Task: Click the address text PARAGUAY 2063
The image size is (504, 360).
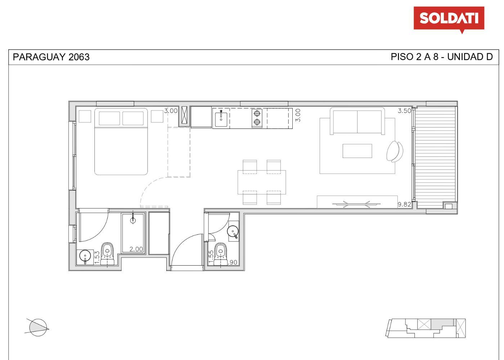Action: [x=51, y=57]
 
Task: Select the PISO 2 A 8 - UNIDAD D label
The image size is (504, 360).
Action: [x=442, y=57]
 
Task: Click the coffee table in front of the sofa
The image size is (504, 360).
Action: [x=357, y=151]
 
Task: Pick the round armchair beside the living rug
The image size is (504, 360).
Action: [x=395, y=152]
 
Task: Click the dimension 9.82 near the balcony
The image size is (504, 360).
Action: [x=404, y=204]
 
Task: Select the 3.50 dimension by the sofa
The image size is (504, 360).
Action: [x=404, y=111]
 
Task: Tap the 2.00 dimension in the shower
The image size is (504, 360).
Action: [x=136, y=249]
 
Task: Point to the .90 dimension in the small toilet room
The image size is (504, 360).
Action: [x=233, y=262]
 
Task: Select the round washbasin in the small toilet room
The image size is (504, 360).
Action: [x=232, y=231]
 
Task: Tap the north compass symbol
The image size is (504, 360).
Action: [x=37, y=328]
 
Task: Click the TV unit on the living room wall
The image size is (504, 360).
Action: [x=357, y=202]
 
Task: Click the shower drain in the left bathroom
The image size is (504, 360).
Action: [x=133, y=220]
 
